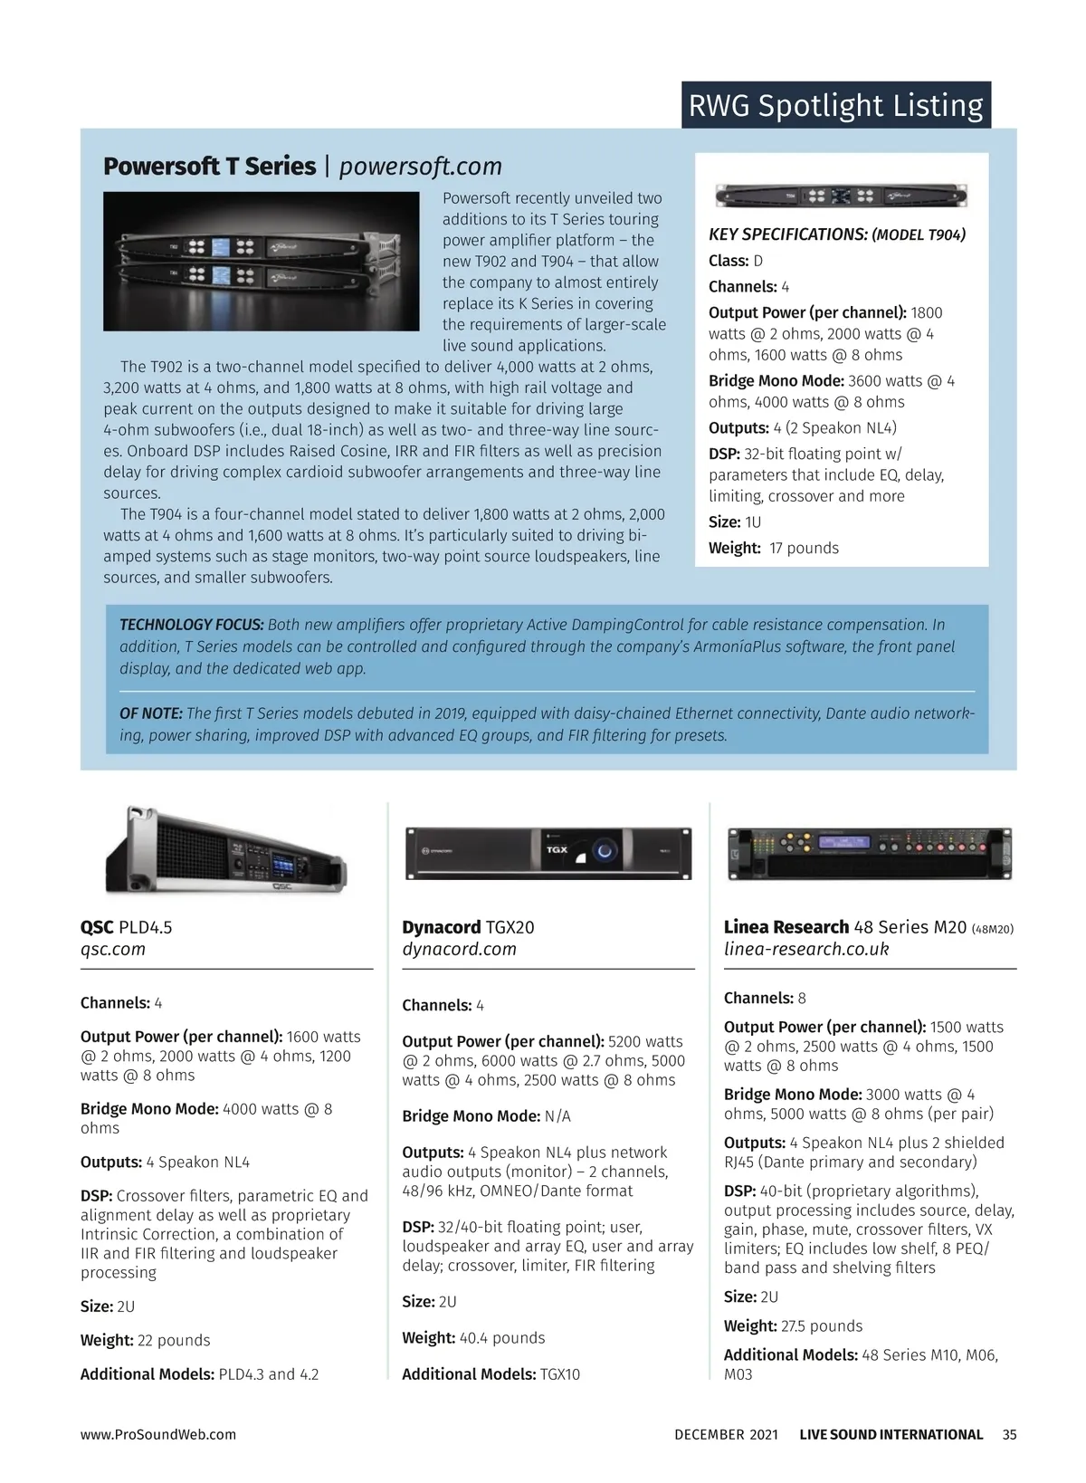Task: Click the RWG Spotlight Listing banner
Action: (835, 105)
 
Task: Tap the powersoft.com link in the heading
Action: (420, 167)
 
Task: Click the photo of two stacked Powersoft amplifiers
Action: (262, 261)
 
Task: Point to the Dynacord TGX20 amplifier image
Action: (548, 853)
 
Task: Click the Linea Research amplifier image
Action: (870, 853)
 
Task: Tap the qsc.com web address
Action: (113, 949)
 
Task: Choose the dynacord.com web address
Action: (459, 949)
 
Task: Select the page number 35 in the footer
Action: (1010, 1434)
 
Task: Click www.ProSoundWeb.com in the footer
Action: (158, 1434)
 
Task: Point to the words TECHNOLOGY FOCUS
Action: (192, 625)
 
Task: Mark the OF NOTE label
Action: (151, 713)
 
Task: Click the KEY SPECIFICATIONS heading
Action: (787, 234)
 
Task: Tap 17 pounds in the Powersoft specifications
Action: (804, 548)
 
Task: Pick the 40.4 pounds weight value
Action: (502, 1337)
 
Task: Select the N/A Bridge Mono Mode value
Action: (557, 1116)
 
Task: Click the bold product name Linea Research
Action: (786, 927)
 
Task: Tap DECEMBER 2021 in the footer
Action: (726, 1434)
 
